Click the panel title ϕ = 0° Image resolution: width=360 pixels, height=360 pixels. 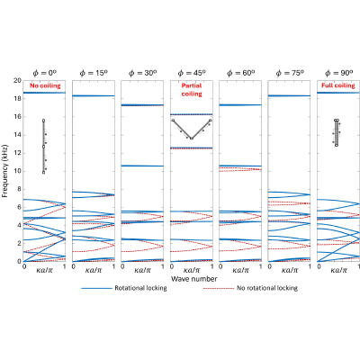click(45, 73)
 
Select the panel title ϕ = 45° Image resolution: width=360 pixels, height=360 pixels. click(192, 73)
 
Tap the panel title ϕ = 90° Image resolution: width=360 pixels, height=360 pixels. click(339, 73)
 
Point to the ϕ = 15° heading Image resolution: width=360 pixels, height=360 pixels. click(94, 73)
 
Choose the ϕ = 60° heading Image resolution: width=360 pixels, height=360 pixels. click(240, 73)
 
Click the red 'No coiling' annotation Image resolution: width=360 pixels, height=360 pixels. click(45, 85)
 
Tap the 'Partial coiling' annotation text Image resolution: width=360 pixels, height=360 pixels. click(192, 90)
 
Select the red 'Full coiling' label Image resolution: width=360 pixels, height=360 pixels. click(338, 85)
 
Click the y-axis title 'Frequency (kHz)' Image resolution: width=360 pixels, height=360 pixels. click(4, 171)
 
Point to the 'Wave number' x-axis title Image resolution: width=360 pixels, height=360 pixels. click(193, 279)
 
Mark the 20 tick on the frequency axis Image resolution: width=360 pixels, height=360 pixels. click(17, 80)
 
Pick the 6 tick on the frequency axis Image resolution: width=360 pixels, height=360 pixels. click(19, 207)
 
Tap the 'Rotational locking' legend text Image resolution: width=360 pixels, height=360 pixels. click(140, 288)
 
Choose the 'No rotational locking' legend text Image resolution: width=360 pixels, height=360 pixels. click(267, 288)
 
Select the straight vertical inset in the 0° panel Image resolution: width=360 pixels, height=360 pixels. click(44, 147)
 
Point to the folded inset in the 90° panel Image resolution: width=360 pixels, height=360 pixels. click(337, 132)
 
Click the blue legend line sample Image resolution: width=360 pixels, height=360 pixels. click(96, 288)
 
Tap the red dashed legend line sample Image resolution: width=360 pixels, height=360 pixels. click(219, 288)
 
